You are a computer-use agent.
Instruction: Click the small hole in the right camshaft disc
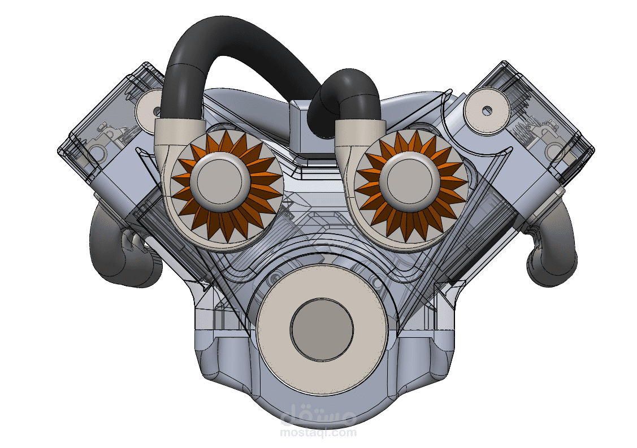point(487,110)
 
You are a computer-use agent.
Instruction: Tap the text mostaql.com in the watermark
point(318,432)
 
